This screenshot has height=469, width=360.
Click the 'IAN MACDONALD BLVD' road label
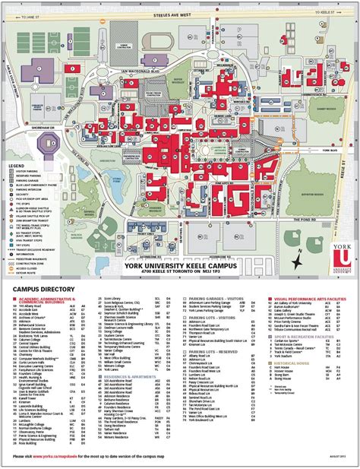click(137, 67)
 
